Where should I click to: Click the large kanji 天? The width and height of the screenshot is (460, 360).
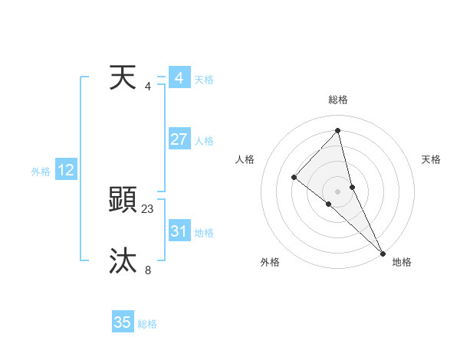point(123,77)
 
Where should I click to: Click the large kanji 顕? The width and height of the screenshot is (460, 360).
point(123,201)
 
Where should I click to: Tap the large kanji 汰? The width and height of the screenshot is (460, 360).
point(123,261)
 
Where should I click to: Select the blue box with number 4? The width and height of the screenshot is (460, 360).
point(179,78)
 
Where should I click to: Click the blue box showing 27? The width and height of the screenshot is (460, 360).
point(179,139)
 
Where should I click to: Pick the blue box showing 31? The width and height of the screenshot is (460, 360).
point(179,231)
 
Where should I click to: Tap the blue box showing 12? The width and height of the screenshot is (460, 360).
point(66,170)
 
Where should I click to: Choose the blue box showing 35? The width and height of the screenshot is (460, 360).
point(123,322)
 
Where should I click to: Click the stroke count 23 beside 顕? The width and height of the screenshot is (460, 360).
point(148,208)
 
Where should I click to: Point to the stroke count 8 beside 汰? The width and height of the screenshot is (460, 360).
point(148,269)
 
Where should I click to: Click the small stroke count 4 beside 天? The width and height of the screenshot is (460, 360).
point(148,86)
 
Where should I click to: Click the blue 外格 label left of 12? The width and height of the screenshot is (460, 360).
point(41,172)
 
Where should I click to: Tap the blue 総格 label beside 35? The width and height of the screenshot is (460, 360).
point(147,324)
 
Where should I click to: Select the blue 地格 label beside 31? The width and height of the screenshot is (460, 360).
point(204,233)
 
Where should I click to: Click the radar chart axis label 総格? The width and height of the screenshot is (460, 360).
point(337,100)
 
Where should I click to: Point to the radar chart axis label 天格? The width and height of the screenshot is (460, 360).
point(431,159)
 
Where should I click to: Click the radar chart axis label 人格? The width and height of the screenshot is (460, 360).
point(245,159)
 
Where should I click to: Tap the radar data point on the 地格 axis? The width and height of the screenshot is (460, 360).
point(383,252)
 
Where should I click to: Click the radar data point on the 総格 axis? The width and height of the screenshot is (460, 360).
point(337,130)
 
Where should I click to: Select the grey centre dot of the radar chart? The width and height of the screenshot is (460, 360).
point(337,191)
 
